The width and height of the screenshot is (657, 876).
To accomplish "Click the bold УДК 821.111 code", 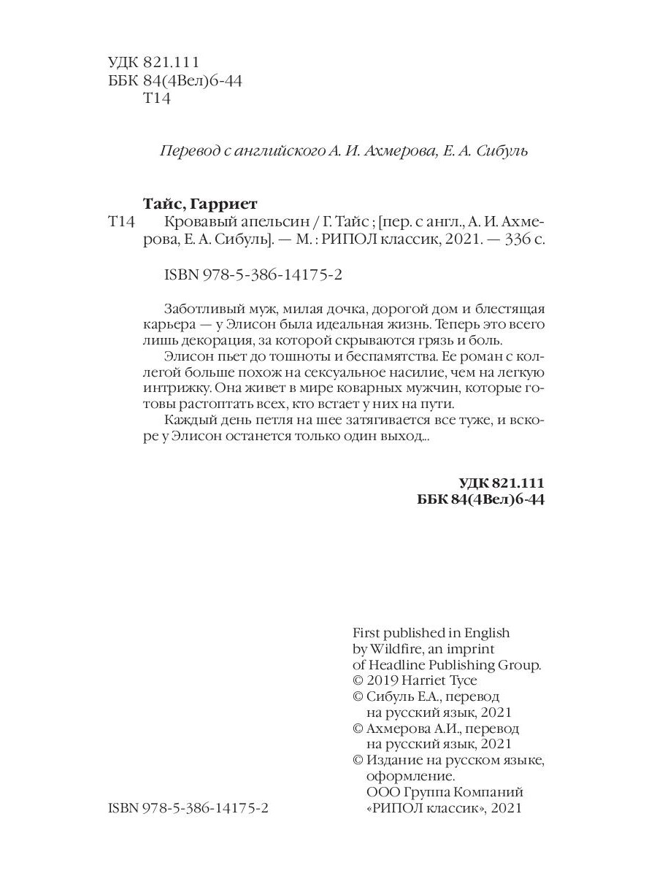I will [x=502, y=484].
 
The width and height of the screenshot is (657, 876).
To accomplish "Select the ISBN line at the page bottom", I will [x=188, y=810].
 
